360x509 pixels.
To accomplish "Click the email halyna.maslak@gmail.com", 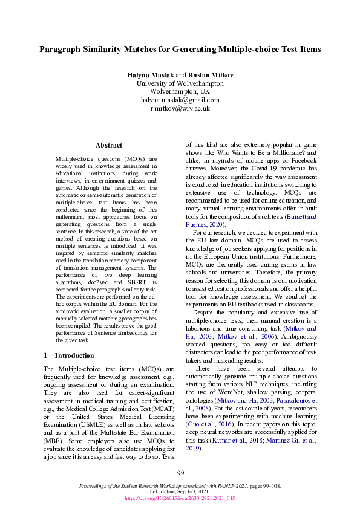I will pos(180,100).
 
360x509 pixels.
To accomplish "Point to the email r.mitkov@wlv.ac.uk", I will pos(180,108).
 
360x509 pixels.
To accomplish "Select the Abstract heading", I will pos(109,145).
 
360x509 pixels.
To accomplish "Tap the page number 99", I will pos(180,473).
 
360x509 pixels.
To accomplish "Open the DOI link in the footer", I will pos(180,499).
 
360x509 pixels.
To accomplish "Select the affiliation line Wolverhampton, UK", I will pos(180,91).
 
